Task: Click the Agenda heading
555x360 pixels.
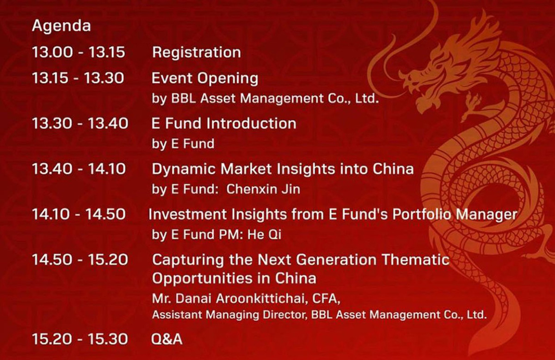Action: [x=62, y=26]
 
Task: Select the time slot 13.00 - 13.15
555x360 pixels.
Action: [x=79, y=52]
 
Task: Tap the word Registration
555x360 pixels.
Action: [x=197, y=53]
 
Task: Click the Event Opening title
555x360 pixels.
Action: [x=205, y=79]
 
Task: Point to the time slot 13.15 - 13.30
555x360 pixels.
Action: [x=78, y=78]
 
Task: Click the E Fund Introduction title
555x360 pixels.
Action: [x=224, y=123]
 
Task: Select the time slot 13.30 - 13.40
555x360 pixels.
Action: [x=80, y=123]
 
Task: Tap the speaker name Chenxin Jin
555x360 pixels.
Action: [x=263, y=189]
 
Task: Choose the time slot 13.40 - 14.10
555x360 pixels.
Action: [x=79, y=169]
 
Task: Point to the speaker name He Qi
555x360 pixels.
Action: [x=265, y=234]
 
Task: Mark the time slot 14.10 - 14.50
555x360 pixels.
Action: [x=79, y=214]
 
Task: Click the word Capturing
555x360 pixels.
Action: [x=188, y=261]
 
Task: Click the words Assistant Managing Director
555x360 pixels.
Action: [x=229, y=315]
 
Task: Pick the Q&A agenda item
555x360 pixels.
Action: [x=167, y=339]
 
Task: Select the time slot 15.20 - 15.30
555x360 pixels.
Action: [x=80, y=339]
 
